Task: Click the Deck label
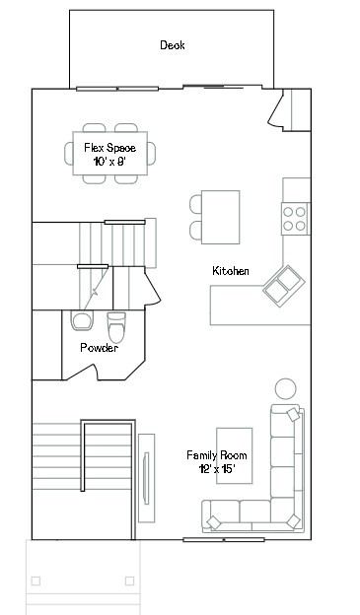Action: click(x=173, y=45)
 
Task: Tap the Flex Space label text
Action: click(x=110, y=148)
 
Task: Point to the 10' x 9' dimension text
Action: click(x=109, y=162)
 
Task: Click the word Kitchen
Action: click(x=231, y=271)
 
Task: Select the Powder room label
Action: click(x=99, y=348)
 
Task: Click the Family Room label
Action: click(x=217, y=455)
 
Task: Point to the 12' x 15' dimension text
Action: click(x=217, y=469)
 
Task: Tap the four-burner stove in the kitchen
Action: click(x=295, y=219)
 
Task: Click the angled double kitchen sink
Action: click(x=284, y=286)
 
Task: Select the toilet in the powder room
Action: click(x=116, y=327)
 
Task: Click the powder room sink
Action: click(x=83, y=320)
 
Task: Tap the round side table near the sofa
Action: click(x=286, y=388)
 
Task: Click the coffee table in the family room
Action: click(x=235, y=455)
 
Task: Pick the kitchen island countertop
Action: click(x=221, y=217)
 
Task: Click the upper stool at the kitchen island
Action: click(x=195, y=204)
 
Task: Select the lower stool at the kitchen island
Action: click(x=195, y=231)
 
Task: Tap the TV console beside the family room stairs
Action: click(x=146, y=478)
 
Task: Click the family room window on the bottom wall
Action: click(x=224, y=540)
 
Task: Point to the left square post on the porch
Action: click(x=36, y=581)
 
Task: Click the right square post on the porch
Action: click(x=129, y=581)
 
